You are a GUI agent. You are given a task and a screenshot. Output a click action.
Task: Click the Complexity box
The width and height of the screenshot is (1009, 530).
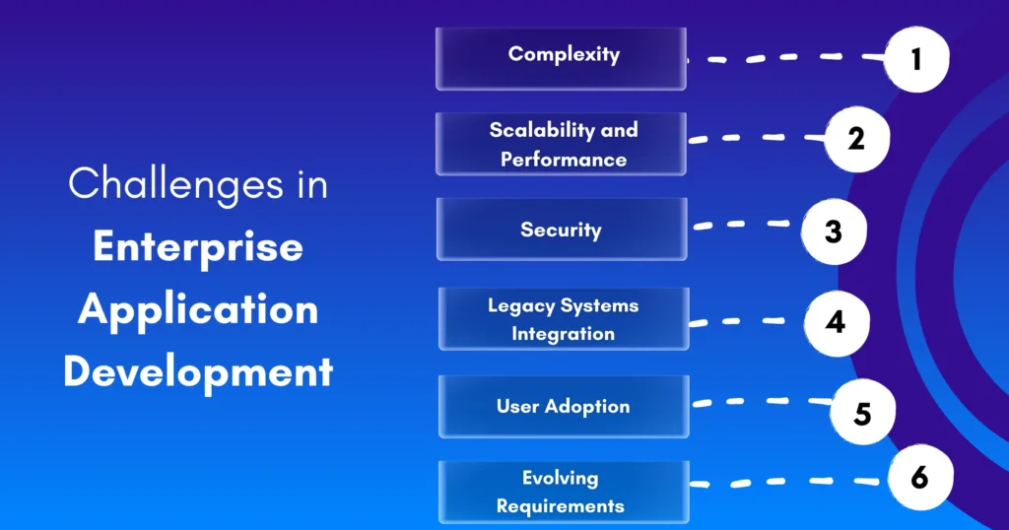click(561, 57)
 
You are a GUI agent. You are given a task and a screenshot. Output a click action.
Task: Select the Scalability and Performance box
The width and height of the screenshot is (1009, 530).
click(561, 144)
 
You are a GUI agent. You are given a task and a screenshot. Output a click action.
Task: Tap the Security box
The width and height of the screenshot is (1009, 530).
click(561, 230)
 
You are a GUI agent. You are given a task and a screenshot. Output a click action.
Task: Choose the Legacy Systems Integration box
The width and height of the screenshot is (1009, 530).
click(563, 319)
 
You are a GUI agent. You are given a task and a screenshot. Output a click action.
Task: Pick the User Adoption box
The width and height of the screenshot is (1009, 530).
click(563, 406)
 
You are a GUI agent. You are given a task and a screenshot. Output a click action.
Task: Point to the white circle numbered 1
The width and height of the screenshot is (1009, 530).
click(915, 59)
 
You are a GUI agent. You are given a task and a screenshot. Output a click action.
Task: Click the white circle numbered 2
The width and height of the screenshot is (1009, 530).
click(856, 139)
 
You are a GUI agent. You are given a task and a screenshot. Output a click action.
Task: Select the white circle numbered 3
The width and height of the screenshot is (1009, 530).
click(834, 232)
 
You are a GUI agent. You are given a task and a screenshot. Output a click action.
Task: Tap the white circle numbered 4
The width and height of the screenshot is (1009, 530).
click(836, 322)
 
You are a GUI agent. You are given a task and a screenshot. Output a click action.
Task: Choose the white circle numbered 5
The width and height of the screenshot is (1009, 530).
click(862, 413)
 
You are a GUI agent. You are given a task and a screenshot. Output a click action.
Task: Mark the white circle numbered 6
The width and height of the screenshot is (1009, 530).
click(918, 478)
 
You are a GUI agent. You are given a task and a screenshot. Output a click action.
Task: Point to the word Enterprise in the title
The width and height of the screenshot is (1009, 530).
click(197, 247)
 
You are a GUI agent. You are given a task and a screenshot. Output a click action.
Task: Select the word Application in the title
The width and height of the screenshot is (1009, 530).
click(198, 309)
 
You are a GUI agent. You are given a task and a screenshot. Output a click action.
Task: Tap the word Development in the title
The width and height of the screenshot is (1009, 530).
click(198, 372)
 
